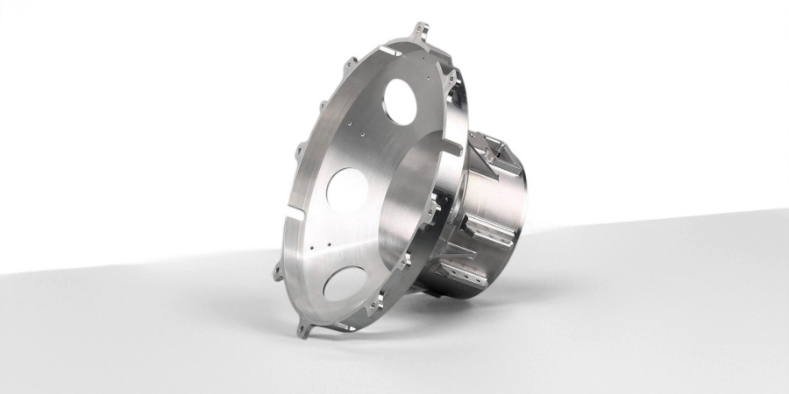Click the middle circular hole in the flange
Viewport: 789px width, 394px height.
(x=347, y=186)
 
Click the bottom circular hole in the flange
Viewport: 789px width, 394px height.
(x=343, y=282)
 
